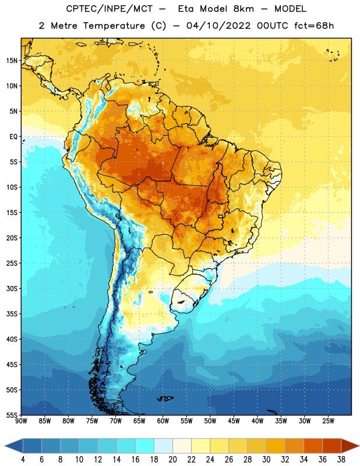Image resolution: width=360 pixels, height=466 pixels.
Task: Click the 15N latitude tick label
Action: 12,61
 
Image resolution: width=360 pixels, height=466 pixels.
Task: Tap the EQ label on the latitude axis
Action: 13,137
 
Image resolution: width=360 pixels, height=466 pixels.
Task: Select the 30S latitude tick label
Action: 12,288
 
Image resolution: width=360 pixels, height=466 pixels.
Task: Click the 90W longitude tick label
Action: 21,421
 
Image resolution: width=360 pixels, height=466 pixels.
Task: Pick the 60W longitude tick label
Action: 163,421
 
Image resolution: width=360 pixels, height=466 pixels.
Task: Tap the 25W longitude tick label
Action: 328,421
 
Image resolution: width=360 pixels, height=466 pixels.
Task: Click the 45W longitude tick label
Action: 234,421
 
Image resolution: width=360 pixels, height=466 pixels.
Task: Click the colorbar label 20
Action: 172,460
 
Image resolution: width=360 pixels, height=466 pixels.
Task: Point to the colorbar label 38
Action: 341,460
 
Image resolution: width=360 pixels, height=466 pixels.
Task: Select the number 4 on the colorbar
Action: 23,460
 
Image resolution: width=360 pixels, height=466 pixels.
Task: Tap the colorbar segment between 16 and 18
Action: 145,446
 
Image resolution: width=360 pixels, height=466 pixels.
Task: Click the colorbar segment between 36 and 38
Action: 332,446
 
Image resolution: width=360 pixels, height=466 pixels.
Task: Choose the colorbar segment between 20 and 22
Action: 182,446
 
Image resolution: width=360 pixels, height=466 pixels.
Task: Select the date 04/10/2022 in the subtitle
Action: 219,26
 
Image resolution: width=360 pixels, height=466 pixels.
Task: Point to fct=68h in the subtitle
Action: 314,26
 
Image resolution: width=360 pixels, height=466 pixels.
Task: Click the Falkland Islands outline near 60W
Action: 165,398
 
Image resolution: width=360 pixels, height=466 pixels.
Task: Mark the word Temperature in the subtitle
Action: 114,26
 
